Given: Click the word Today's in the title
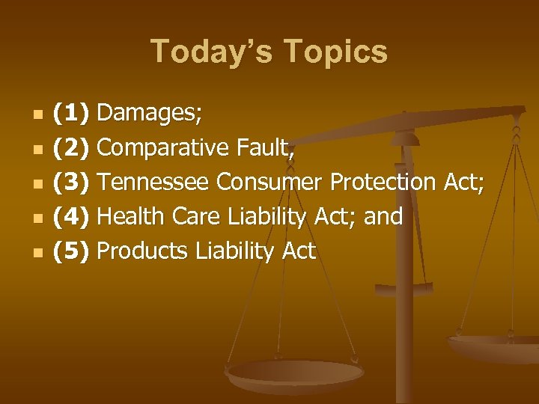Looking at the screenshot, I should (209, 52).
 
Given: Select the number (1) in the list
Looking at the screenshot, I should (71, 113).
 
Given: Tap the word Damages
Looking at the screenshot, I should (150, 113).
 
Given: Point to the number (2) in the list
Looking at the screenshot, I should (71, 147).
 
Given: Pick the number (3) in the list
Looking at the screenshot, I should (71, 182).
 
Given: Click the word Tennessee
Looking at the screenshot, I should (154, 182).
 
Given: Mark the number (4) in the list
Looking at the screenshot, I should (71, 216).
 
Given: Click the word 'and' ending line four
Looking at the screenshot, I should (383, 216).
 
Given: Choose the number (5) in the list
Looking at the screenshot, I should (71, 251).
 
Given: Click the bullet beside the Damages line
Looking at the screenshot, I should (37, 114).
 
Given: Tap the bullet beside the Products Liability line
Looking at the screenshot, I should (37, 252).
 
